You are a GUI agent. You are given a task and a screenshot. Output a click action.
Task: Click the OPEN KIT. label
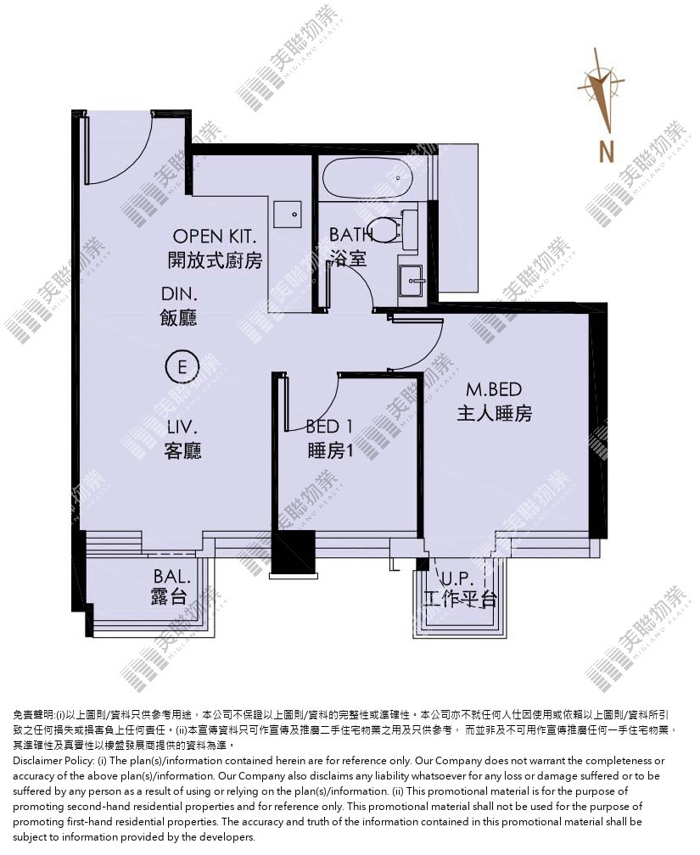coord(215,237)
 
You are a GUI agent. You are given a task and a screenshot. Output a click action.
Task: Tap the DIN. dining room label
coord(179,294)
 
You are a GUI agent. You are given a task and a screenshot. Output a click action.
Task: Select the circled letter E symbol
coord(182,366)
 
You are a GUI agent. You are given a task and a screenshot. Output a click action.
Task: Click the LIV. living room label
coord(182,427)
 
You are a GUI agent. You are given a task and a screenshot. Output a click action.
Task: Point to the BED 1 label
coord(329,427)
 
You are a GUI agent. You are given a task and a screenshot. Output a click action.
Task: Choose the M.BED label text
coord(494,389)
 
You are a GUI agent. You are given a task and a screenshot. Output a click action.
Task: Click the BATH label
coord(350,235)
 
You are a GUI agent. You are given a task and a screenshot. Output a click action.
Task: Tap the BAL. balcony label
coord(172,577)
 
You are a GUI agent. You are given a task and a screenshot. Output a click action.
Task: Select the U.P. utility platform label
coord(457,579)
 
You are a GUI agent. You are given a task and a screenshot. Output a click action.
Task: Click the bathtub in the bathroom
coord(366,178)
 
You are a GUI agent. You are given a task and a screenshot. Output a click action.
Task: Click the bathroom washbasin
coord(411,281)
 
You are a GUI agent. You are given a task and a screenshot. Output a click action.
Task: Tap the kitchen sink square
coord(288,215)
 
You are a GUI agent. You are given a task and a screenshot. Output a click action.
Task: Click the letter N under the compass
coord(606,151)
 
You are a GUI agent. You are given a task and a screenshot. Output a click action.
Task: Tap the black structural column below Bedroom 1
coord(293,553)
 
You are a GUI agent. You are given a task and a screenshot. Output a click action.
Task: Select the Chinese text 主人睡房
coord(494,413)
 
